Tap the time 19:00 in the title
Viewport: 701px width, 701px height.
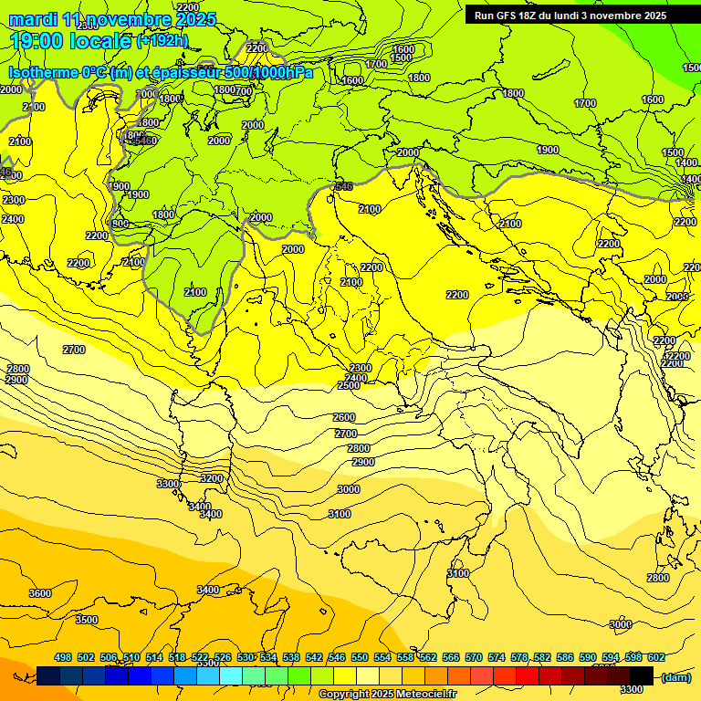[x=40, y=41]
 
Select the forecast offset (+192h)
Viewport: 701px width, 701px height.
[x=162, y=41]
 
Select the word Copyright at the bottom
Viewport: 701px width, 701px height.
[x=344, y=694]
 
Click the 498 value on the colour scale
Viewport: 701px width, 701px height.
[x=63, y=657]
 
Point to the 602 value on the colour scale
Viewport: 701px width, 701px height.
[x=656, y=657]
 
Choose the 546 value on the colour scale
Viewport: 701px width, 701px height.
[x=337, y=657]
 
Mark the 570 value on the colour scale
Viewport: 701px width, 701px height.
[x=474, y=657]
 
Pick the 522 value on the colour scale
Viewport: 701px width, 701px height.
[x=200, y=657]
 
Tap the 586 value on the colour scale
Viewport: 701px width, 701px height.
[x=565, y=657]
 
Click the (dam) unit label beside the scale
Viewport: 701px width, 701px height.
[x=676, y=676]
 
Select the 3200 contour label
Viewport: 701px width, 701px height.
[x=212, y=478]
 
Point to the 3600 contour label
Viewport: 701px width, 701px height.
[x=40, y=593]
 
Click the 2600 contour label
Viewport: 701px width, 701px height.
[x=344, y=417]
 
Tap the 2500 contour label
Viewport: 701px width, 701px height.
[x=349, y=385]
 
